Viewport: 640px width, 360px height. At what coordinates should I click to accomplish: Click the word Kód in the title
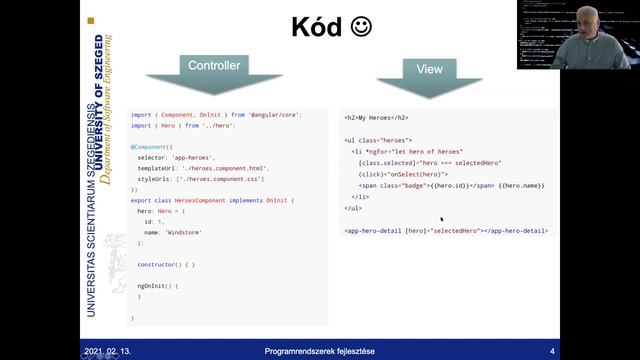click(317, 27)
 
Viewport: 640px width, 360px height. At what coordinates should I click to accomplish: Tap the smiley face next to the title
click(361, 27)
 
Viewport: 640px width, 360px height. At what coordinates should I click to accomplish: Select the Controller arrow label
click(214, 66)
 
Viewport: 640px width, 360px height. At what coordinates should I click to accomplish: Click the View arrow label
click(430, 69)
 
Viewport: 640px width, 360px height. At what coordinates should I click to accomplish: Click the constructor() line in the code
click(167, 264)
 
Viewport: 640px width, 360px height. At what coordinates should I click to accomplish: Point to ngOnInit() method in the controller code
click(157, 286)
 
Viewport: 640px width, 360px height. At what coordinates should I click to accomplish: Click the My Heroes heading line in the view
click(377, 118)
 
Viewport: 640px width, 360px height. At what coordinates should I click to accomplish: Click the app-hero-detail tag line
click(445, 230)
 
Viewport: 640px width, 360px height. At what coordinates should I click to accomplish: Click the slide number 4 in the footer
click(552, 351)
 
